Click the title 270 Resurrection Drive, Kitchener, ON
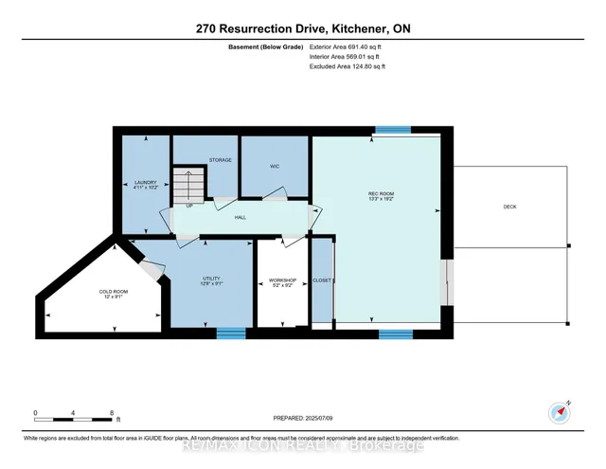tap(302, 30)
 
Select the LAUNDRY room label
tap(144, 183)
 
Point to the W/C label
tap(275, 166)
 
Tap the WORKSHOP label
tap(283, 281)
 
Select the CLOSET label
tap(323, 280)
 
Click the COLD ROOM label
tap(113, 295)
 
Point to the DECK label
tap(508, 207)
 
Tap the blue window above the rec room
tap(392, 130)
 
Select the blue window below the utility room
tap(231, 333)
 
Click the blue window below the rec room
tap(395, 334)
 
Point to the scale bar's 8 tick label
tap(113, 413)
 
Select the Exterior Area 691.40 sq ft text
tap(348, 45)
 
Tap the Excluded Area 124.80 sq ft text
tap(348, 66)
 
